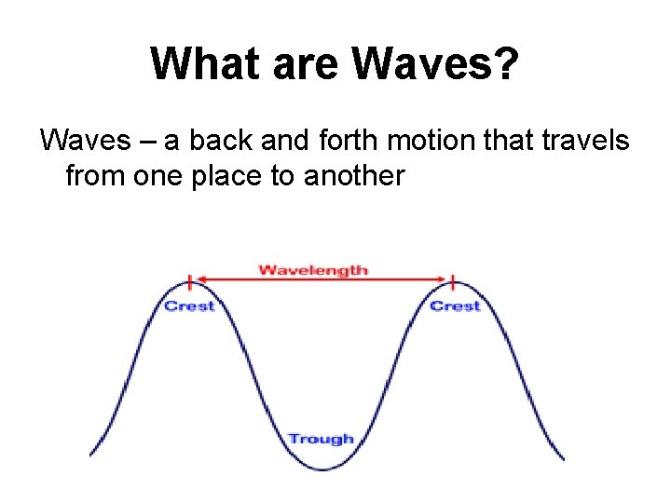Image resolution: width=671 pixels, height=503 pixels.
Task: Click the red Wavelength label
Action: [313, 270]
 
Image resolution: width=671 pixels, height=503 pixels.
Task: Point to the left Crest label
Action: [189, 306]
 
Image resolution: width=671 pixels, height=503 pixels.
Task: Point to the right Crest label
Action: [455, 306]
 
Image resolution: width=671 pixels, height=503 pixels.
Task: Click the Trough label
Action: [321, 439]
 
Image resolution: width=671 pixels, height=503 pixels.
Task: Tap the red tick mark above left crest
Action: [190, 281]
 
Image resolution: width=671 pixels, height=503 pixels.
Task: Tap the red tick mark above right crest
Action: [454, 281]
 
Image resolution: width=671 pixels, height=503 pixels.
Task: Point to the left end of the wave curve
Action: [90, 455]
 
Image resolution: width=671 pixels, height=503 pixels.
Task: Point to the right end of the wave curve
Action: [563, 458]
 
